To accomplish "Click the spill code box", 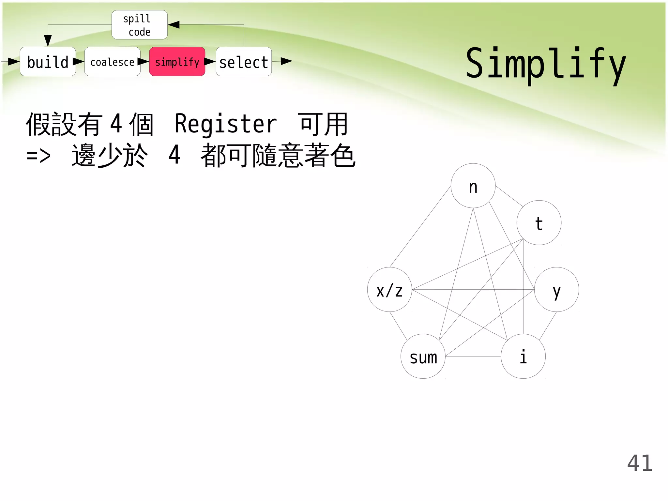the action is coord(140,25).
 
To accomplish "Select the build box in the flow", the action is coord(48,62).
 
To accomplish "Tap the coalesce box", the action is coord(112,62).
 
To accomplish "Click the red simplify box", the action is coord(177,62).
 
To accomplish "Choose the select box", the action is coord(244,62).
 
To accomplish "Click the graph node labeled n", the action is coord(473,186).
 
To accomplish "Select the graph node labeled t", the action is coord(539,223).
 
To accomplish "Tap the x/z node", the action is coord(389,290).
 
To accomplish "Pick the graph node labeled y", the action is coord(556,290).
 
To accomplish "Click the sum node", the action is coord(423,356).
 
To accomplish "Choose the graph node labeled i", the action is coord(523,356).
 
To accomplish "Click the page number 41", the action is coord(640,463).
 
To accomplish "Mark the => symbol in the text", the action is coord(38,156).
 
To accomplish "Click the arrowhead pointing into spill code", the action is coord(174,25).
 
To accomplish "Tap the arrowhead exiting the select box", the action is coord(286,61).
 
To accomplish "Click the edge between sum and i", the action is coord(473,356).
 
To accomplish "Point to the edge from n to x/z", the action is coord(420,227).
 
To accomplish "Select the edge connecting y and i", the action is coord(548,326).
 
